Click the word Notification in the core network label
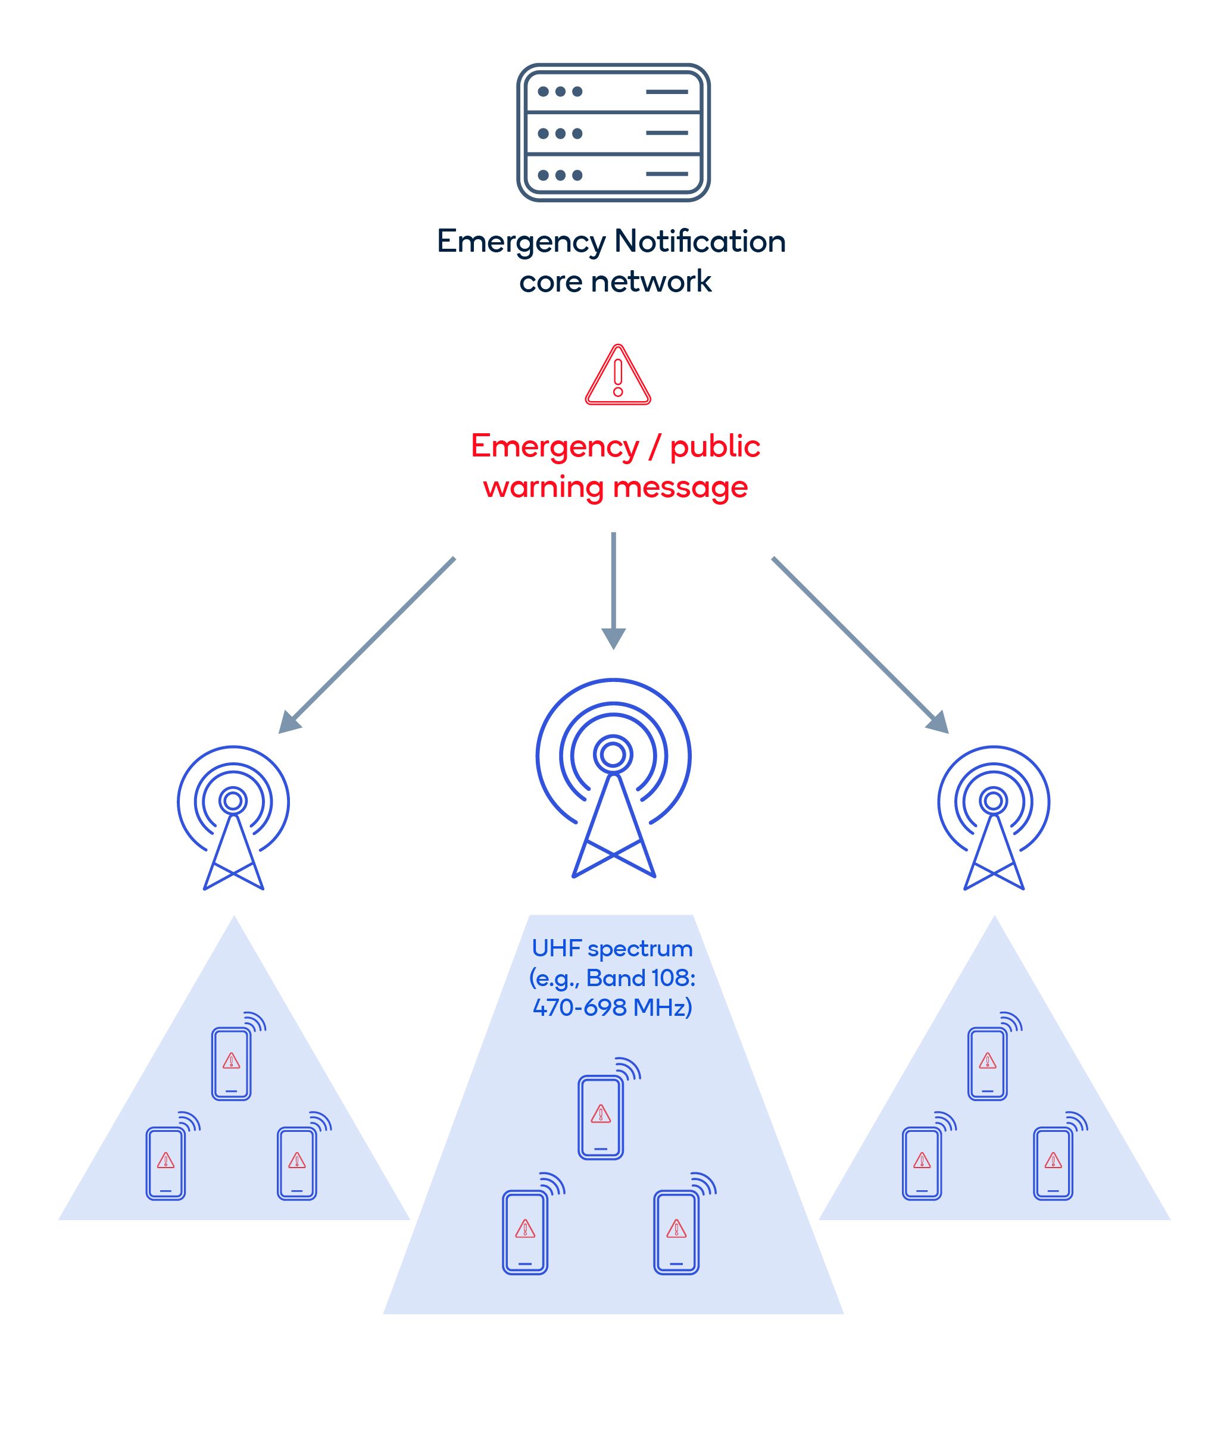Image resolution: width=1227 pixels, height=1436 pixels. click(x=700, y=241)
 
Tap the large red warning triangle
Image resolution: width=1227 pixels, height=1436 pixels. click(x=617, y=376)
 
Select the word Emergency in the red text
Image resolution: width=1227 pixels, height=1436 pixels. click(x=555, y=447)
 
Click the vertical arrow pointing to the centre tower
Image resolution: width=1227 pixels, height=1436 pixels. click(x=613, y=589)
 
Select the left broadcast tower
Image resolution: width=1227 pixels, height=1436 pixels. click(x=233, y=818)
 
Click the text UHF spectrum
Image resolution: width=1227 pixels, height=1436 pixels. click(x=611, y=948)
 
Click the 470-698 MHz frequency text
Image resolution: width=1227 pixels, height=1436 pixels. click(x=611, y=1007)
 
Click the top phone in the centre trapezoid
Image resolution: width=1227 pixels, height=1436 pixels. click(x=600, y=1117)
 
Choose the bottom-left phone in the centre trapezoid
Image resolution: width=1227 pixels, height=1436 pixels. click(x=524, y=1232)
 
